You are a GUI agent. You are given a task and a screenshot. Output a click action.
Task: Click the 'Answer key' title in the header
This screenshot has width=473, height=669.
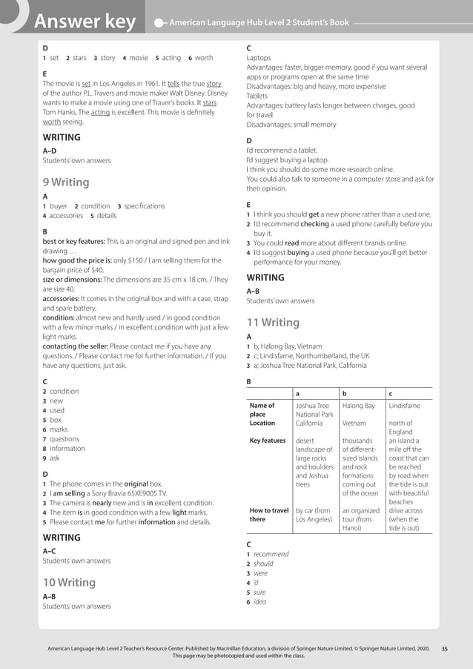point(85,22)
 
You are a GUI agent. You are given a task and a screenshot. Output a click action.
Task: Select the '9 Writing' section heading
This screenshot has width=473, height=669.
point(66,182)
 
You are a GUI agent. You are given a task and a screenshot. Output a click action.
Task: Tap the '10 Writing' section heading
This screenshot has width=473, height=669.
point(69,582)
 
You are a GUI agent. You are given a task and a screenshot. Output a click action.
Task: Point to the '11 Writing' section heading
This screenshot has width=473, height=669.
point(273,323)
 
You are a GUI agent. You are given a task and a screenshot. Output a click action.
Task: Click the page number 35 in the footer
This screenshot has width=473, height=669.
point(444,648)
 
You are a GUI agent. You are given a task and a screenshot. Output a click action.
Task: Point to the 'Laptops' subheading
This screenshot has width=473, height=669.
point(259,58)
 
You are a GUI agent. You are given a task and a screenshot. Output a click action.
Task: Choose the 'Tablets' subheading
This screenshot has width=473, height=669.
point(258,96)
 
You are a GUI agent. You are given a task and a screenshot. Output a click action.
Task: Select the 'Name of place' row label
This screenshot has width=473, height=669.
point(262,410)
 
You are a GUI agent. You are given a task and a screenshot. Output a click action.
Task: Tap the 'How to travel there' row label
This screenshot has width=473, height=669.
point(269,515)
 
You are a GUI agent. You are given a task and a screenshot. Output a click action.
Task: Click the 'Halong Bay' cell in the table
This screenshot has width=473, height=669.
point(359,406)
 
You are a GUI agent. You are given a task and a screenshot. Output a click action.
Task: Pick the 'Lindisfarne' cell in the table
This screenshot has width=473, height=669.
point(404,406)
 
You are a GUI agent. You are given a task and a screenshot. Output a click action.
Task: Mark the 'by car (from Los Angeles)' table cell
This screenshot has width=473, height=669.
point(314,515)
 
